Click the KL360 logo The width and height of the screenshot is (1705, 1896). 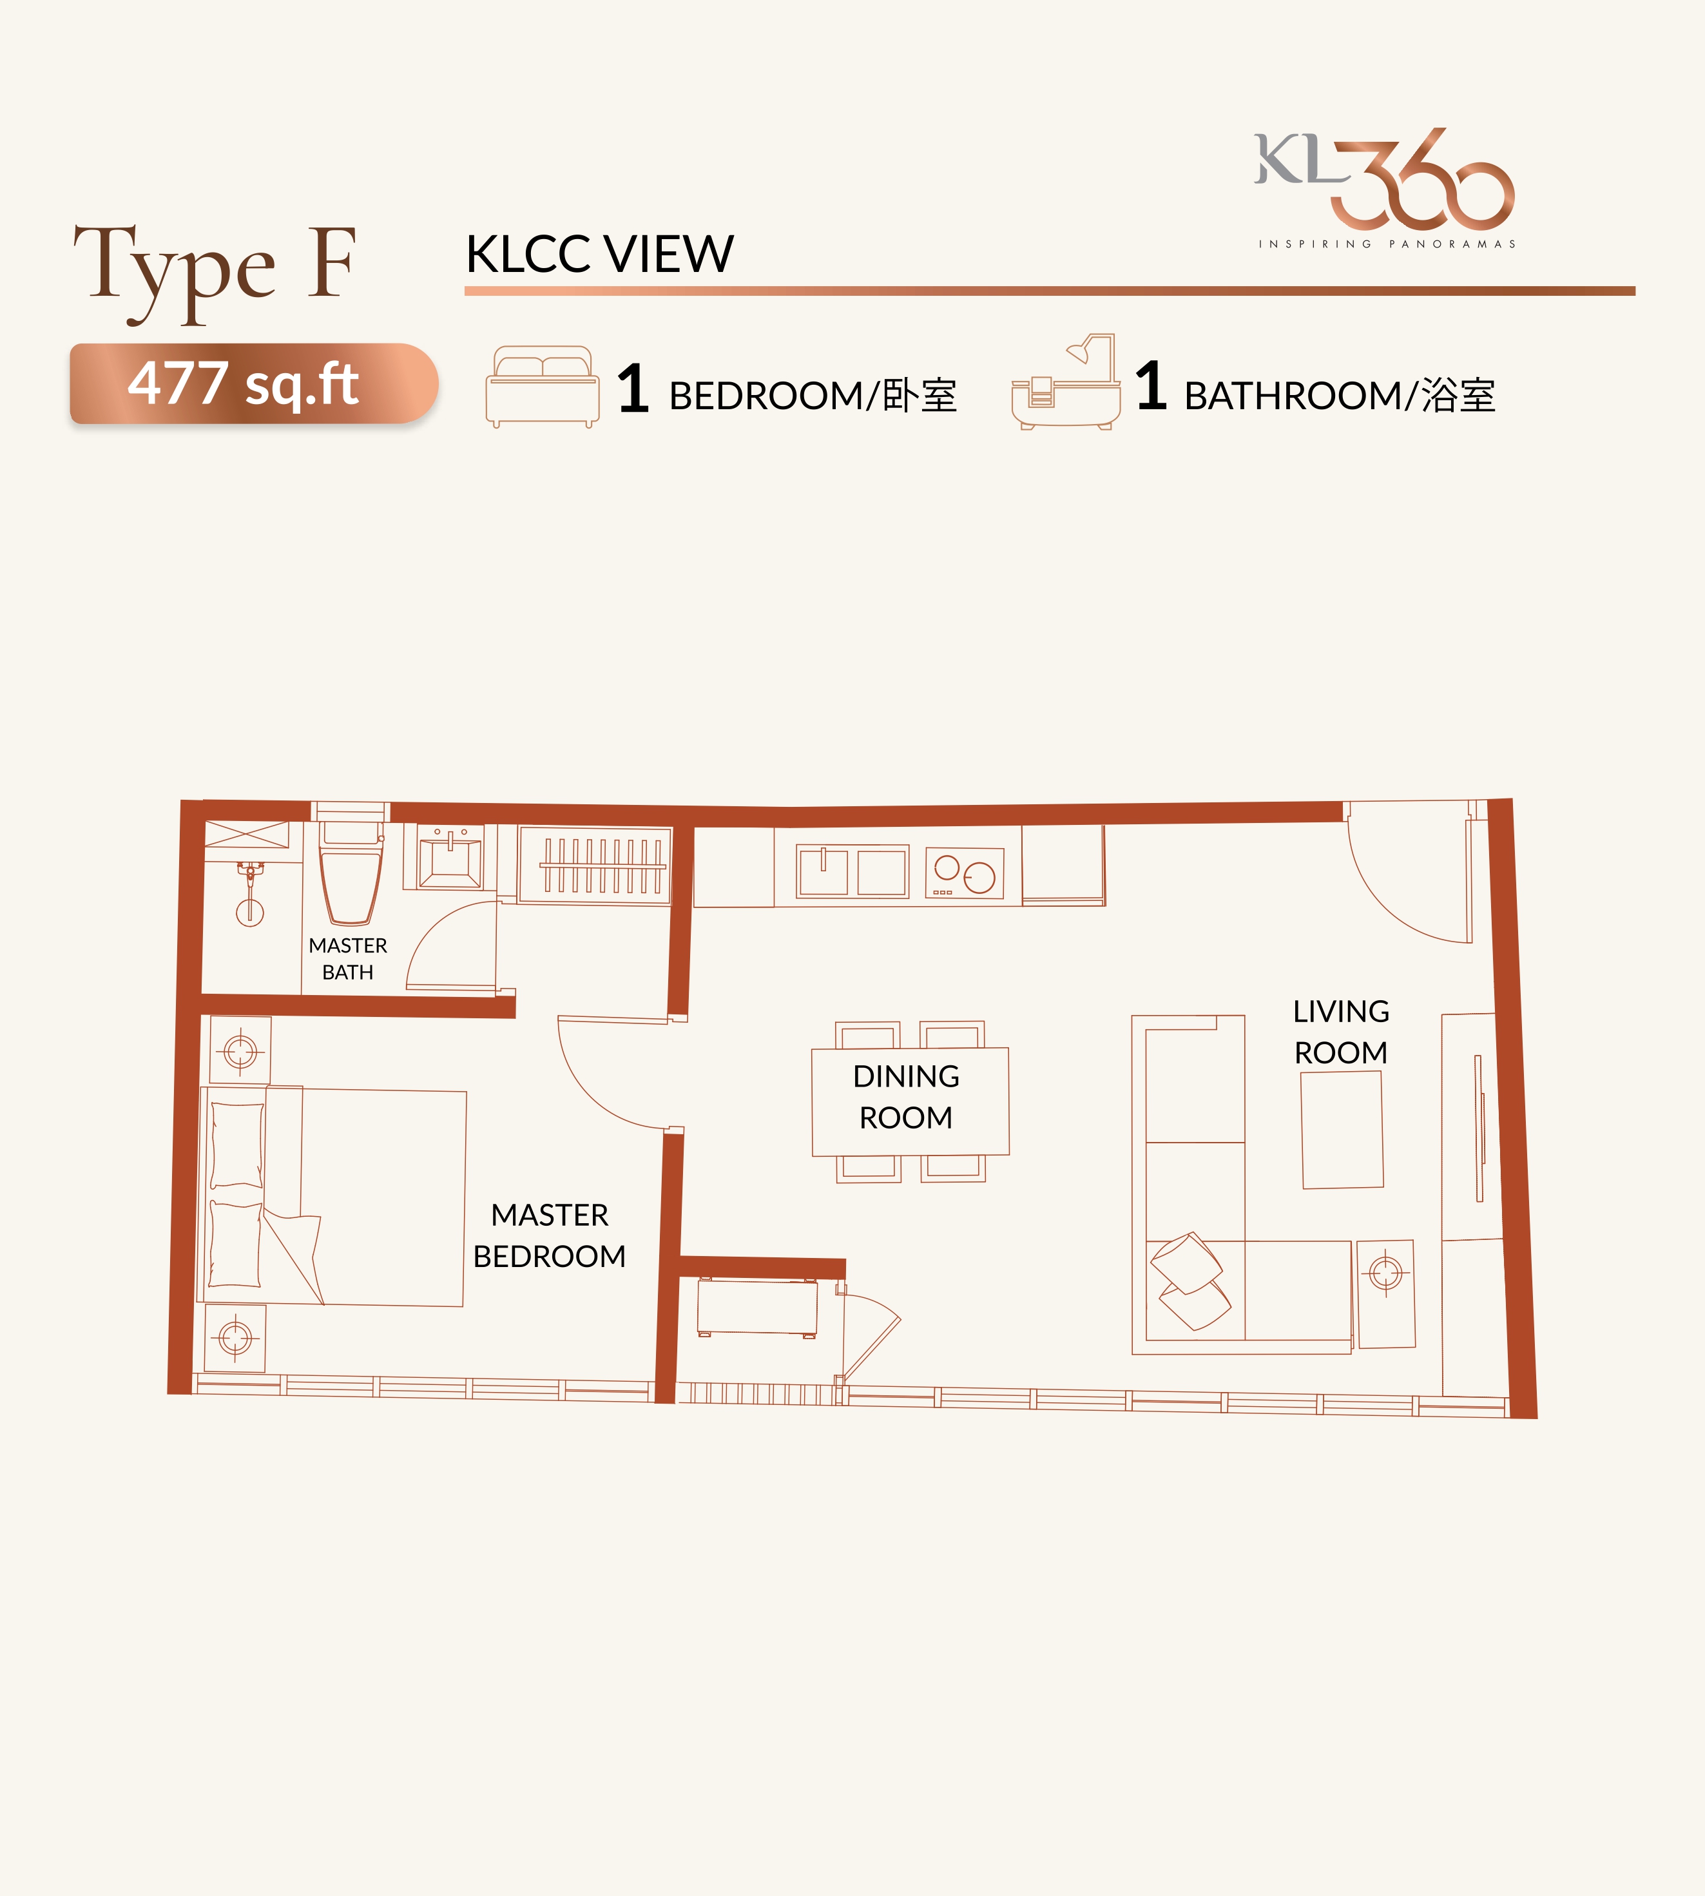tap(1385, 188)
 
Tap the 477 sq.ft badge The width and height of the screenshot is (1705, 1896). tap(254, 383)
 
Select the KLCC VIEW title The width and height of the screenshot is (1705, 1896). tap(599, 254)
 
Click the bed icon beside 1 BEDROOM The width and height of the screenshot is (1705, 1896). tap(543, 387)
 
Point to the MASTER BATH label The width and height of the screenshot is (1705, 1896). tap(347, 958)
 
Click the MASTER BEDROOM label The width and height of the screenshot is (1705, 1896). tap(550, 1235)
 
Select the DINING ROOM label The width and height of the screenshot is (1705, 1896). tap(906, 1097)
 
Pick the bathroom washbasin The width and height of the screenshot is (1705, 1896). tap(450, 858)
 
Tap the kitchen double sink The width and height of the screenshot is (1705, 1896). tap(852, 871)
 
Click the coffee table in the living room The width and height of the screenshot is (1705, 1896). tap(1342, 1130)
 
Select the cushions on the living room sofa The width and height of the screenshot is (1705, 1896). tap(1190, 1281)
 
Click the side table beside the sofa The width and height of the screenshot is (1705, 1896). tap(1385, 1293)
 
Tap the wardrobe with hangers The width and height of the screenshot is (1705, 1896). tap(596, 865)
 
